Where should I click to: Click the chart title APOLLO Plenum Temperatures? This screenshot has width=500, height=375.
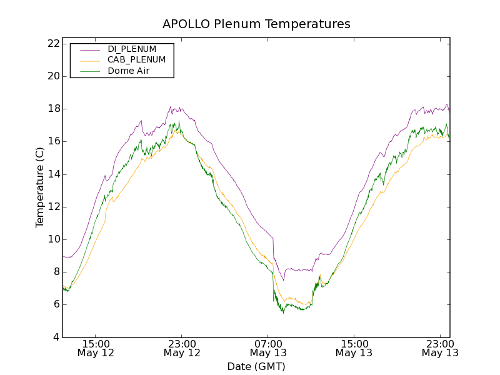click(x=256, y=24)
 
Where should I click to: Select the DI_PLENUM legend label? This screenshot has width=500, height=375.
click(x=132, y=49)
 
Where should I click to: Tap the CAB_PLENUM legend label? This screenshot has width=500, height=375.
click(x=136, y=60)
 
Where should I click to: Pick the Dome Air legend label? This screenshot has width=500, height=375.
click(x=128, y=71)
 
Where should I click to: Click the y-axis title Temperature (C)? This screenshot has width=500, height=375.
click(x=40, y=187)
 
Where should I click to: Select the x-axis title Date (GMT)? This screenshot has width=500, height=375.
click(x=256, y=366)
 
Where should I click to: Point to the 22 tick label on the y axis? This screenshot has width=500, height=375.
click(x=52, y=44)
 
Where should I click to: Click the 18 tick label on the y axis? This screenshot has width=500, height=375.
click(x=52, y=109)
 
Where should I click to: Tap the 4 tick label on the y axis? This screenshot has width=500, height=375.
click(x=56, y=337)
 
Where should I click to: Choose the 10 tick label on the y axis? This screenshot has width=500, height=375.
click(x=52, y=239)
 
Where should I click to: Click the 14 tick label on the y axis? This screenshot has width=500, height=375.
click(x=52, y=174)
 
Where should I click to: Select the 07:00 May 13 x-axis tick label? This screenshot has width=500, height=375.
click(x=268, y=348)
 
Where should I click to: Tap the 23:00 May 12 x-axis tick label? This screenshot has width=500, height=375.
click(x=182, y=348)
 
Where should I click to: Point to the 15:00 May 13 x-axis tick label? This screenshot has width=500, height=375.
click(x=354, y=348)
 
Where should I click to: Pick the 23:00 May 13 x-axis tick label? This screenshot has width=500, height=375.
click(x=439, y=348)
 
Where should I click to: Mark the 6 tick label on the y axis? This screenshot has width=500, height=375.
click(x=56, y=305)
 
